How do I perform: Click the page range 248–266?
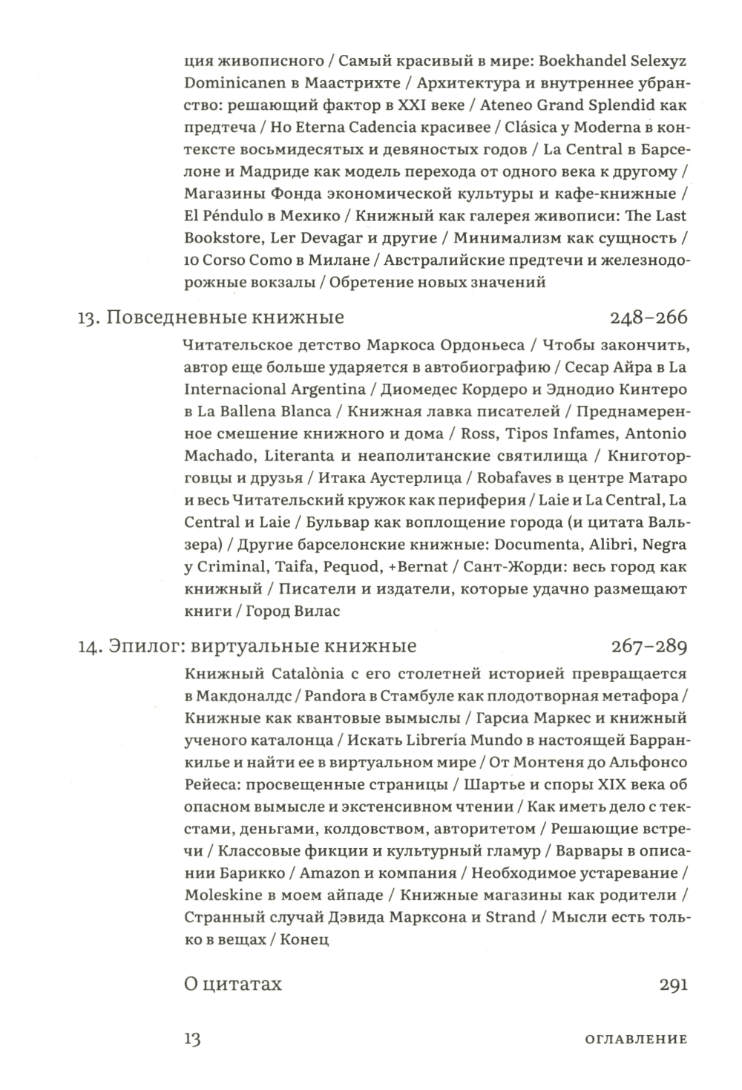649,318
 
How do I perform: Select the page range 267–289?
649,646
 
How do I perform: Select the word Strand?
510,916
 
